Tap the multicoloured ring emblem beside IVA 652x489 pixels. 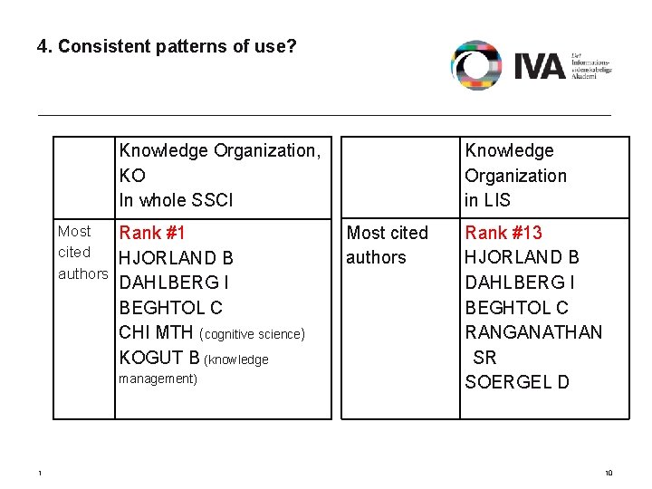point(476,65)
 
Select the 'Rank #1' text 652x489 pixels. point(152,234)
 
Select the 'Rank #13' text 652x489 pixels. point(503,234)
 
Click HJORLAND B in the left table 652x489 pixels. point(177,259)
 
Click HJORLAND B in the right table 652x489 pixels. point(522,258)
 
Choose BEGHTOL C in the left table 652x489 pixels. point(171,309)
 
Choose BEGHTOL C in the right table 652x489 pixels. point(516,308)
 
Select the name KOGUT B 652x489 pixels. point(160,359)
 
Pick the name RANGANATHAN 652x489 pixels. point(533,332)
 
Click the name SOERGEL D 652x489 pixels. point(517,382)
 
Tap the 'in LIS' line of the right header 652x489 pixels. point(487,200)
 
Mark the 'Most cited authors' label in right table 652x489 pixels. point(388,245)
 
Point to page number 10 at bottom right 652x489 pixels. point(609,474)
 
